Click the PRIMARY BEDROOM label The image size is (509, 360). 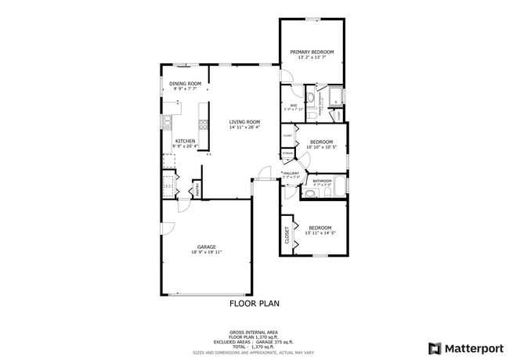312,52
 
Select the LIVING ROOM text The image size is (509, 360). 244,122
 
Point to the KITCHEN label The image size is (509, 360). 184,142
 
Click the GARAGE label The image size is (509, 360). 207,247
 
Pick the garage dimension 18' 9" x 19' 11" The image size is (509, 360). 207,253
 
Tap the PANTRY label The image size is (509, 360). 198,189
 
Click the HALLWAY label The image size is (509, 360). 291,173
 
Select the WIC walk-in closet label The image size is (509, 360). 294,106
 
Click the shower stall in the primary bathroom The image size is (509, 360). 336,98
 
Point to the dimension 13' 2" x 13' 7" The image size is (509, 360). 312,58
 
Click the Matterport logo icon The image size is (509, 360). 431,347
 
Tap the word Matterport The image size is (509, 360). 470,347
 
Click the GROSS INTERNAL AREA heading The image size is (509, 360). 254,332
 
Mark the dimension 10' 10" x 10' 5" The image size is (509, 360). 321,147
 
